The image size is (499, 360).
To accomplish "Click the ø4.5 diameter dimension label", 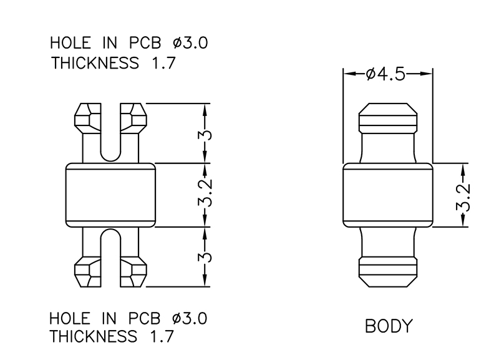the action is (x=385, y=74).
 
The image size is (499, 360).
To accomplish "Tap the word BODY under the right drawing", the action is (x=389, y=326).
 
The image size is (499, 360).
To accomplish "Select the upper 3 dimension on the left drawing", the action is (x=205, y=135).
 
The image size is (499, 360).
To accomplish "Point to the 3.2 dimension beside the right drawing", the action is (x=463, y=197).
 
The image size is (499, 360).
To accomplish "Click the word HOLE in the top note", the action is (x=70, y=42).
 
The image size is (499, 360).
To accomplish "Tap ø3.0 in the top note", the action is (x=190, y=42).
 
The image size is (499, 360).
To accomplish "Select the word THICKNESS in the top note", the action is (x=95, y=63).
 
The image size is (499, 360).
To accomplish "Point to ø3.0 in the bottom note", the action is (x=190, y=318).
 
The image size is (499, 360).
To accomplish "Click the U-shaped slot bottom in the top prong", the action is (x=110, y=156).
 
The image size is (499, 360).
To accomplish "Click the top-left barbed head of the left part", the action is (x=88, y=118).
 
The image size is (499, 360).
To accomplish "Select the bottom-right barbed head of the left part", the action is (x=133, y=271).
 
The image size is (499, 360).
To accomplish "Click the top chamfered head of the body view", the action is (x=388, y=118).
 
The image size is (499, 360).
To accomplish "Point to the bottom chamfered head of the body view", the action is (x=388, y=272).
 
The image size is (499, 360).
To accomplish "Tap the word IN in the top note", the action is (x=110, y=42).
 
